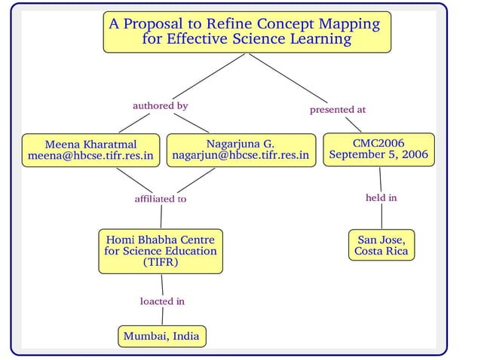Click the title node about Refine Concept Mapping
[x=247, y=32]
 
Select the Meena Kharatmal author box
[x=90, y=150]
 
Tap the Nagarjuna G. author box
[x=240, y=150]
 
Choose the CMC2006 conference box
[x=378, y=149]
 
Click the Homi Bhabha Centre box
[x=161, y=251]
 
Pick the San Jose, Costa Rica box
[x=381, y=246]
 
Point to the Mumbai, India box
[x=161, y=336]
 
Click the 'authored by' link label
[x=160, y=106]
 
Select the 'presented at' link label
[x=338, y=110]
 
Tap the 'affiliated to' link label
[x=160, y=200]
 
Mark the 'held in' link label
[x=381, y=198]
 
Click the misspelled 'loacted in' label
[x=162, y=301]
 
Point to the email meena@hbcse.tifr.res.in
[x=90, y=157]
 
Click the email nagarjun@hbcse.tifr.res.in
[x=240, y=156]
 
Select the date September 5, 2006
[x=378, y=156]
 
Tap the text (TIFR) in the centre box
[x=161, y=263]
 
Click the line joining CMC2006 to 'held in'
[x=380, y=178]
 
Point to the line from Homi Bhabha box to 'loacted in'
[x=162, y=284]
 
